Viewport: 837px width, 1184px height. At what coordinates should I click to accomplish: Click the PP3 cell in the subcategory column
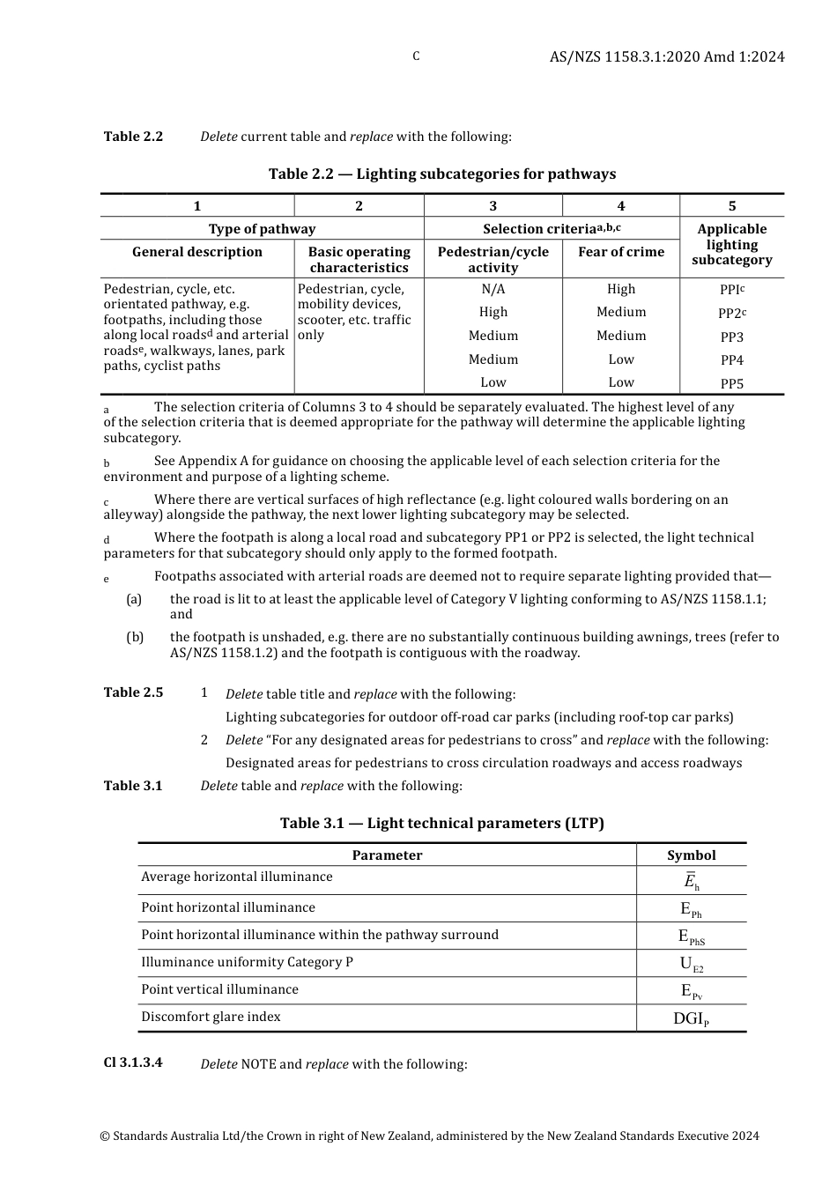coord(731,337)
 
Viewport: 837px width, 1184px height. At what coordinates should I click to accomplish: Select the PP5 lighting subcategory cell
coord(731,383)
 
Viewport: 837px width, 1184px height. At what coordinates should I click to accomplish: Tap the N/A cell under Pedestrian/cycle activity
coord(493,289)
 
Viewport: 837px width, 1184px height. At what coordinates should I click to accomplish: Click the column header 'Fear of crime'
coord(620,252)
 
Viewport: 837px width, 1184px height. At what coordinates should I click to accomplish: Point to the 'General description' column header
coord(196,252)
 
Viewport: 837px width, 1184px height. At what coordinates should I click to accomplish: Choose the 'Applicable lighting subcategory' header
coord(731,244)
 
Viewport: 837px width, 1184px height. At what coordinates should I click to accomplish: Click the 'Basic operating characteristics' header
coord(359,260)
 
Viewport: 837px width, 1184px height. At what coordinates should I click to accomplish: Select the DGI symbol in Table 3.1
coord(691,1018)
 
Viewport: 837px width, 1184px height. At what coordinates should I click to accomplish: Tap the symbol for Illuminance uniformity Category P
coord(691,964)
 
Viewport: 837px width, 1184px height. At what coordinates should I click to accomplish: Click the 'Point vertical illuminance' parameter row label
coord(219,989)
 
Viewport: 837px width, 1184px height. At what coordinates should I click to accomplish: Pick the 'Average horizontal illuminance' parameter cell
coord(236,877)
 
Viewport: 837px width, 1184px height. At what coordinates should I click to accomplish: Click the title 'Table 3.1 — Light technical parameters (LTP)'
coord(441,823)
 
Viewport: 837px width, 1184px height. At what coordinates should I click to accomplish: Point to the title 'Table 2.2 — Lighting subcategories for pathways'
coord(441,174)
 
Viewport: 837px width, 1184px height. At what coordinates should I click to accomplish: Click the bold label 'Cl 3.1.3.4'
coord(133,1062)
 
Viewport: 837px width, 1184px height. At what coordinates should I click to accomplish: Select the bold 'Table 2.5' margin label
coord(133,692)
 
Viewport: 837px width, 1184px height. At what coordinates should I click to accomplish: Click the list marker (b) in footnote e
coord(135,637)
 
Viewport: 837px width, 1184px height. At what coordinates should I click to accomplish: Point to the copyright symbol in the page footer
coord(105,1136)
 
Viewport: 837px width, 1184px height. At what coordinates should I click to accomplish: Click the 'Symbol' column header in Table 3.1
coord(691,855)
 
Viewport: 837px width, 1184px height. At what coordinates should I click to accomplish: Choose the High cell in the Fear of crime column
coord(620,289)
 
